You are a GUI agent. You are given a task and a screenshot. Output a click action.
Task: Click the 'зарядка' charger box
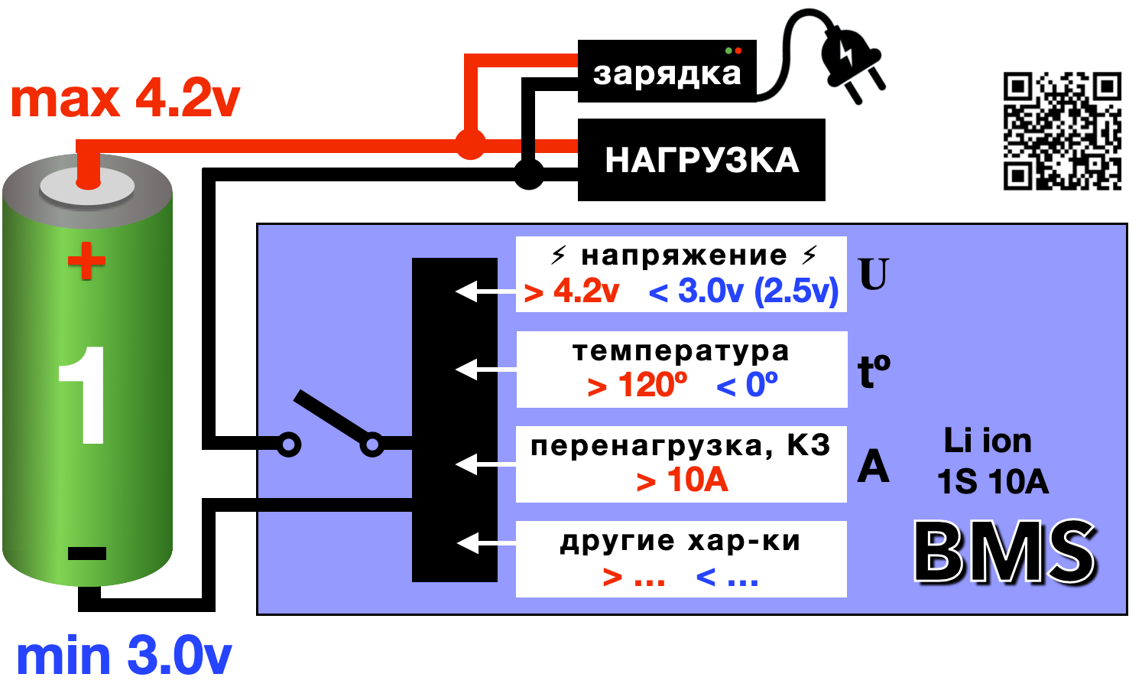pos(667,72)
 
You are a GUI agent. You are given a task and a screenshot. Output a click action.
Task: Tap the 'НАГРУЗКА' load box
pos(701,160)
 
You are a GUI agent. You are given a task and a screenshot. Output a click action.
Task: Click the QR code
pos(1062,131)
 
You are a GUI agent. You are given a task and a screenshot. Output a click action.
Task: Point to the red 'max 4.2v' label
pos(125,99)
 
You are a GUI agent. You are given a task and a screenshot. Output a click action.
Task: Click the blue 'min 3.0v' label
pos(124,656)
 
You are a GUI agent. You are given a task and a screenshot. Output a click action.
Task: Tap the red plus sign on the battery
pos(86,261)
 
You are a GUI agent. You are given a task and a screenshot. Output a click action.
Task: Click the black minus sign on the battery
pos(86,553)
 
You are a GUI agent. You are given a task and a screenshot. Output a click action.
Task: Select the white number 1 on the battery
pos(83,395)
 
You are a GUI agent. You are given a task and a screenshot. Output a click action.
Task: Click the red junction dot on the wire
pos(470,144)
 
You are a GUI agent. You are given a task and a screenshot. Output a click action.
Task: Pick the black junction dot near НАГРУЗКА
pos(528,174)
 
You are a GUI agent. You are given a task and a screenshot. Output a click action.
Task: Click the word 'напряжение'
pos(683,255)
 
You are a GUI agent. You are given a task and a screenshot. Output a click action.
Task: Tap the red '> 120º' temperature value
pos(637,385)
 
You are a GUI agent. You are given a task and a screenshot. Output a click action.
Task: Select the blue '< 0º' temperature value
pos(747,385)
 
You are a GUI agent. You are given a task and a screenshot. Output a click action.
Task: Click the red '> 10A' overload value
pos(682,480)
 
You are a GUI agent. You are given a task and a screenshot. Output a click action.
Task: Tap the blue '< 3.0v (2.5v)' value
pos(743,291)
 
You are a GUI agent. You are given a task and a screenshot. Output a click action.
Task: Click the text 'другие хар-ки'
pos(680,541)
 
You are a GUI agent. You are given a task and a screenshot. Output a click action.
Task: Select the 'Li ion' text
pos(988,441)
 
